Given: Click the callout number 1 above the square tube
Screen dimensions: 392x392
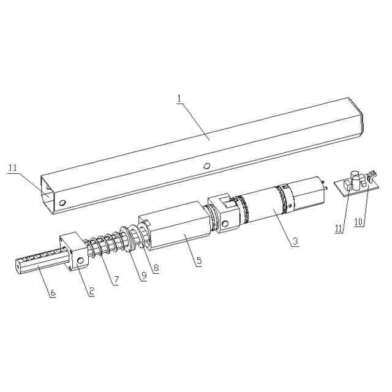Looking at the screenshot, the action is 179,99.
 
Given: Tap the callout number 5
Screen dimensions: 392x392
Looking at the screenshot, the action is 199,261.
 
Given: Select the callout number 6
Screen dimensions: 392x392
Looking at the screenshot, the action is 53,293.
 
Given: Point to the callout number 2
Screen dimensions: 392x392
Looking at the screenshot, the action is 91,291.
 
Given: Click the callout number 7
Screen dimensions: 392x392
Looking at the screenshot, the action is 116,280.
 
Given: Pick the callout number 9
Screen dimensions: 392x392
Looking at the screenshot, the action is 144,276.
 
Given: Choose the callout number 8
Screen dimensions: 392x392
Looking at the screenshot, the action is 156,268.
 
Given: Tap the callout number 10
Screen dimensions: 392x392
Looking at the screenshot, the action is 359,222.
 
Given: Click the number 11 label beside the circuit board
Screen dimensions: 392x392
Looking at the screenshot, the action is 339,228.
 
